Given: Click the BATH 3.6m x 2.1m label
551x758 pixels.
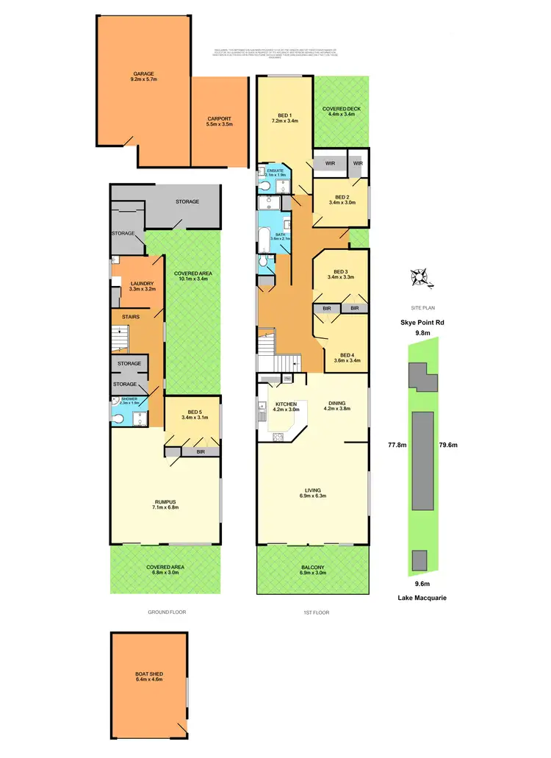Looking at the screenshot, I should coord(281,236).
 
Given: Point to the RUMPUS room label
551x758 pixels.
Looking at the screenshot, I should coord(165,504).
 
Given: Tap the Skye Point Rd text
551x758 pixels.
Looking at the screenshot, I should coord(421,322).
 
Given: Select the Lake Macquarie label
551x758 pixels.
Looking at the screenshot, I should coord(422,598).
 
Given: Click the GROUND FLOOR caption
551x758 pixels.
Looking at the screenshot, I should coord(165,612).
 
